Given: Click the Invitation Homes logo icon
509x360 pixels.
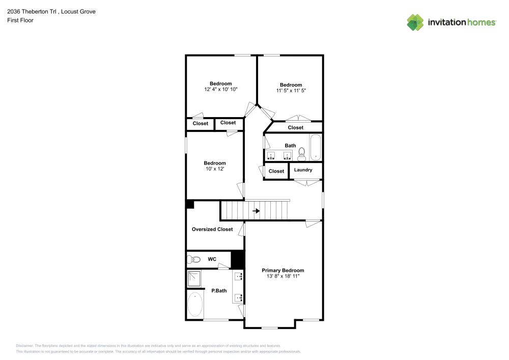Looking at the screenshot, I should (415, 22).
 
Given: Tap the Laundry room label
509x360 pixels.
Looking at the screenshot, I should (303, 170).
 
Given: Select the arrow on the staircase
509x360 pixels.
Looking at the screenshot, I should (256, 210).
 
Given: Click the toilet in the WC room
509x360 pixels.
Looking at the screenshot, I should (193, 259).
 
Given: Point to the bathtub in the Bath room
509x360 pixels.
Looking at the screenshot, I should (316, 147).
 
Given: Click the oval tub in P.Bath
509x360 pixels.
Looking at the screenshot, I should (195, 304).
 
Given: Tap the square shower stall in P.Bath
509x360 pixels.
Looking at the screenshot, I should (194, 278).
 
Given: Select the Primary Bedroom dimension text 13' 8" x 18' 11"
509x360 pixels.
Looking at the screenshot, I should (283, 276).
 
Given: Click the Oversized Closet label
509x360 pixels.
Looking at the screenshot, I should (212, 229).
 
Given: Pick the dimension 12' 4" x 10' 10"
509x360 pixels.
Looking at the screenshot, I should (220, 89).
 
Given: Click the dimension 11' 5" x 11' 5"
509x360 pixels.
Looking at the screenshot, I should (291, 90).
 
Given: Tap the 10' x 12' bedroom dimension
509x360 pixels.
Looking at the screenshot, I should (214, 169).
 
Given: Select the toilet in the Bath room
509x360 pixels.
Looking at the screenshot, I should (301, 152).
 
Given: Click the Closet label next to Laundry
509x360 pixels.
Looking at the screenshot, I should (276, 171).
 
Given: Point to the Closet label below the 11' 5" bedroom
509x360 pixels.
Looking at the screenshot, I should (295, 127).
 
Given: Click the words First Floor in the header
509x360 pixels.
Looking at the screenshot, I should (20, 20).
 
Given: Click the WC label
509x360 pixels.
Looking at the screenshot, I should (212, 259).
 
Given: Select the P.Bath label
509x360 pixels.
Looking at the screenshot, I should (219, 291).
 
